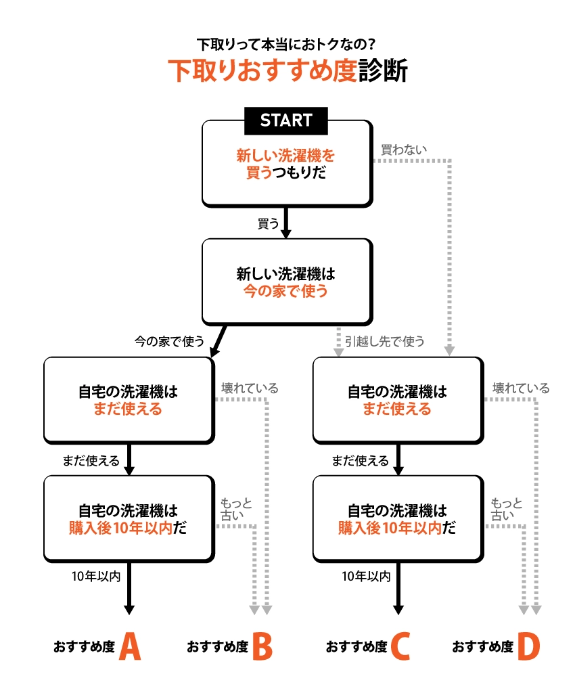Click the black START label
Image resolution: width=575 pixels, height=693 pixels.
[x=286, y=120]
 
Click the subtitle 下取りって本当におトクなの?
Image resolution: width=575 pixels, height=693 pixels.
[x=287, y=45]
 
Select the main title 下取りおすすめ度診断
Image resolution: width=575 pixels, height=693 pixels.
[x=287, y=71]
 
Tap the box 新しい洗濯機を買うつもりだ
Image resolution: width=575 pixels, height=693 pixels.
[x=286, y=164]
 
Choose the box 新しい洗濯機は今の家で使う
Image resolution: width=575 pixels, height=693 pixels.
[x=286, y=282]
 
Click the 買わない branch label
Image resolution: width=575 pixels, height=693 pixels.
[x=404, y=150]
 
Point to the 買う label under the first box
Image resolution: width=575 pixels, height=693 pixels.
[x=269, y=223]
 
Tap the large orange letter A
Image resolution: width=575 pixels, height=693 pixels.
[x=129, y=647]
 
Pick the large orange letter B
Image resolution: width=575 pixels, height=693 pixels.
[x=262, y=647]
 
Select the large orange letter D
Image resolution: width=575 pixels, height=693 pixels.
[x=528, y=647]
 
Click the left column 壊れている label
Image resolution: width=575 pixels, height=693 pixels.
[x=249, y=388]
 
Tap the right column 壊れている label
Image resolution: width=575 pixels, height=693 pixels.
[x=520, y=388]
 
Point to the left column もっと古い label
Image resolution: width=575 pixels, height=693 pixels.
[x=236, y=508]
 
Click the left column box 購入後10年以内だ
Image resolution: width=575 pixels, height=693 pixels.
[x=129, y=519]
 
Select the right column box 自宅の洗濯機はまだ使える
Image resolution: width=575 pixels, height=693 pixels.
[x=397, y=400]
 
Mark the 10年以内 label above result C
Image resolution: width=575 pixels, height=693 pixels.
[x=366, y=577]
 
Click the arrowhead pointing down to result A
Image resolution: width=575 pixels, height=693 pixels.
[x=129, y=608]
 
